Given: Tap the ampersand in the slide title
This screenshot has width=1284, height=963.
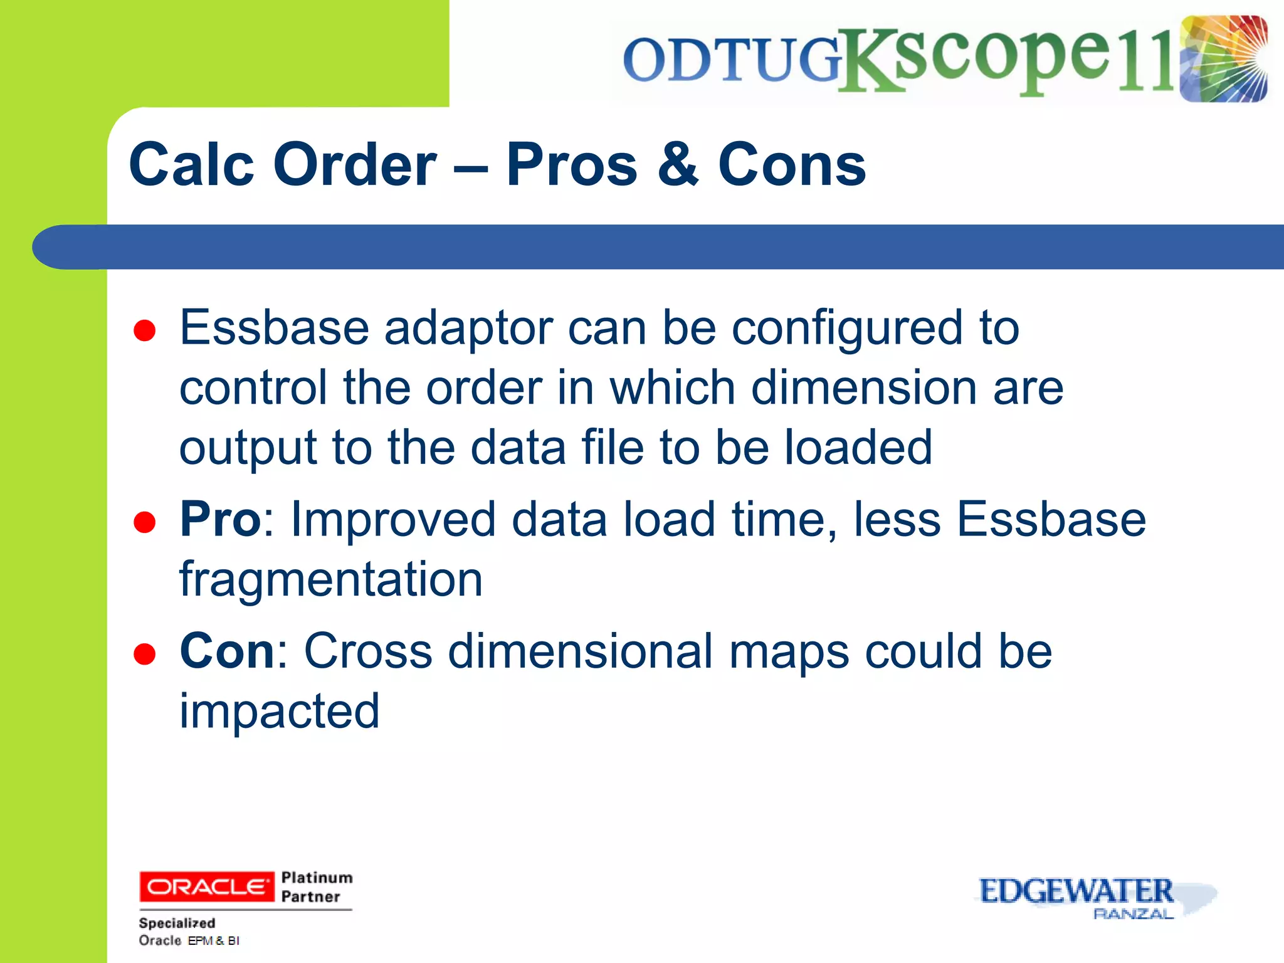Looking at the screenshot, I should coord(678,164).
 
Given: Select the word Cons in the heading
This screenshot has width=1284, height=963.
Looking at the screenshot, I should coord(791,164).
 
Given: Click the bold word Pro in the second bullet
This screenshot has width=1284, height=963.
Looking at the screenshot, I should coord(220,519).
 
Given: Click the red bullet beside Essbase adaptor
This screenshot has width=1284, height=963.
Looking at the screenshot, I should coord(145,330).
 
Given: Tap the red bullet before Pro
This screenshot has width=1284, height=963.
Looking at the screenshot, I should coord(145,522).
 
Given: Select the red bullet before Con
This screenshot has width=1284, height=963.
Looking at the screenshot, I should coord(145,654).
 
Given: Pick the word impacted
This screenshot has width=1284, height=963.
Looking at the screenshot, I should coord(280,711).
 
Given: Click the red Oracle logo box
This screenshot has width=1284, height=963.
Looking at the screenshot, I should coord(206,887).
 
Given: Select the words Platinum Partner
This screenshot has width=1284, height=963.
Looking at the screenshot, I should coord(317,887).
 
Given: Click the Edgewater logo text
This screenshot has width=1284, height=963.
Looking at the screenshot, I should coord(1076,891).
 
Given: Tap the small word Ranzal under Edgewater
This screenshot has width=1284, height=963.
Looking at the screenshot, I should coord(1132,915).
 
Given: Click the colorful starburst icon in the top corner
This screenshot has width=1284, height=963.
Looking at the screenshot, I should coord(1223,59).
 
